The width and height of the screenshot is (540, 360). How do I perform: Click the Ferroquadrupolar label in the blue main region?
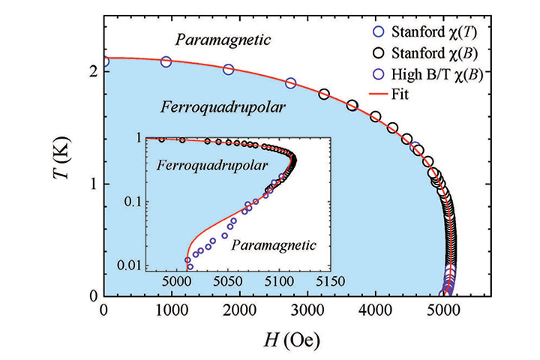223,107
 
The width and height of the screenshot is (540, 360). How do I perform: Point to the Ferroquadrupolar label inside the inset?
202,163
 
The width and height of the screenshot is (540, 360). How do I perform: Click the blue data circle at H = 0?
104,61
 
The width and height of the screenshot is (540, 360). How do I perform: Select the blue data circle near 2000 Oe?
229,70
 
